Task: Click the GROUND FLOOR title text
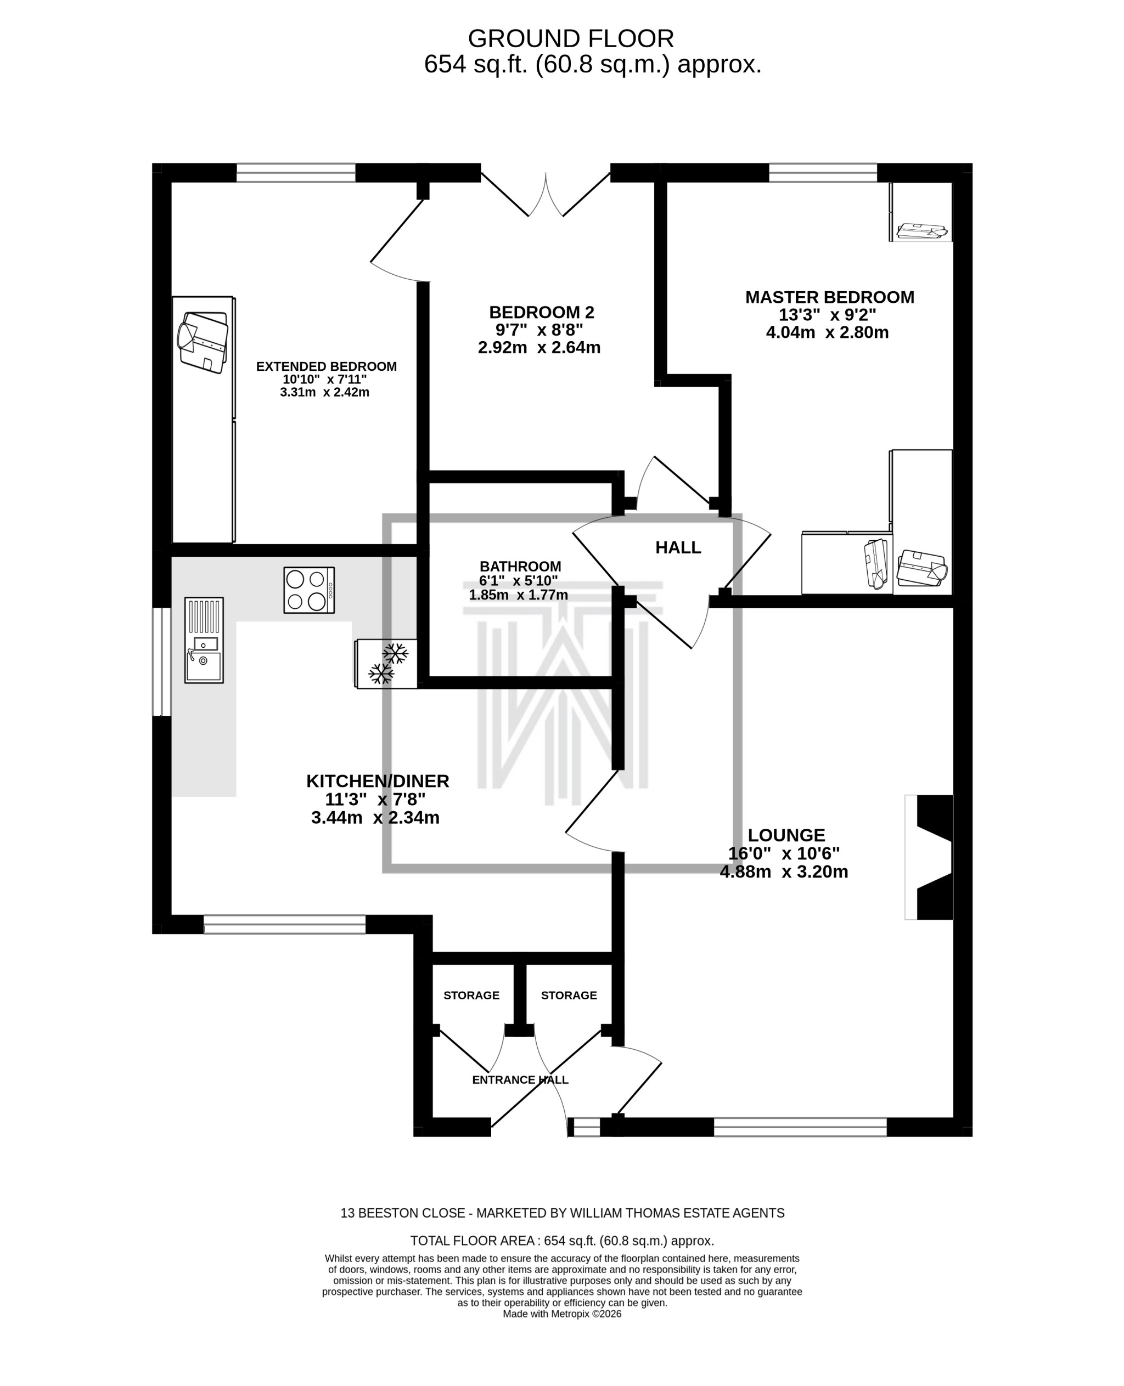coord(570,39)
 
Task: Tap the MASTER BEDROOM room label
coord(829,297)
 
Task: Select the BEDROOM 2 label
coord(541,313)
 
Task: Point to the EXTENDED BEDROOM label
coord(327,366)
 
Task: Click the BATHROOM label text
coord(520,566)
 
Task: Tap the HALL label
coord(678,547)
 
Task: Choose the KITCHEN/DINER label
coord(378,781)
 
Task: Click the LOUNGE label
coord(786,835)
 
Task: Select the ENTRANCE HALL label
coord(520,1079)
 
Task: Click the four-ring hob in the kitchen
coord(309,590)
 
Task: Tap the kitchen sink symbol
coord(204,640)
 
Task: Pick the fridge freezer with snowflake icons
coord(386,663)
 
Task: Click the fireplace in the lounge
coord(930,857)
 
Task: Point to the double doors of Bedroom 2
coord(546,194)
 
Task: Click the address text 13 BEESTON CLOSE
coord(403,1213)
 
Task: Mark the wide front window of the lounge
coord(800,1127)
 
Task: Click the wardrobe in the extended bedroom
coord(203,419)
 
